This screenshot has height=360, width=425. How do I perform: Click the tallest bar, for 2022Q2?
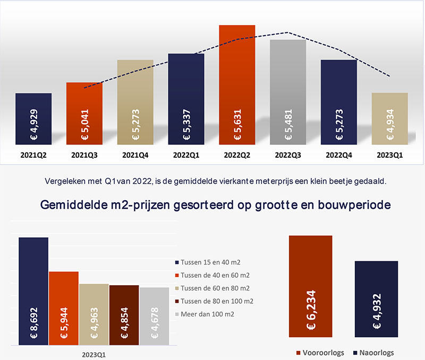pos(237,84)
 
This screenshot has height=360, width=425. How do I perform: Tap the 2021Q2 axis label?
pos(33,156)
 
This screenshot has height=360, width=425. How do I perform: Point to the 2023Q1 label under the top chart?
pos(389,156)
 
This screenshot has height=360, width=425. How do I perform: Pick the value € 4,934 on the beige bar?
pos(390,129)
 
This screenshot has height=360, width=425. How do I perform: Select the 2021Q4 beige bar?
pos(135,101)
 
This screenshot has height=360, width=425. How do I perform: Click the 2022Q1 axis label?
pos(186,156)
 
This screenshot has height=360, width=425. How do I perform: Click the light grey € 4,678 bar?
pos(154,316)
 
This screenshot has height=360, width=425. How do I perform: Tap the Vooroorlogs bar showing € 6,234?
pos(311,287)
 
